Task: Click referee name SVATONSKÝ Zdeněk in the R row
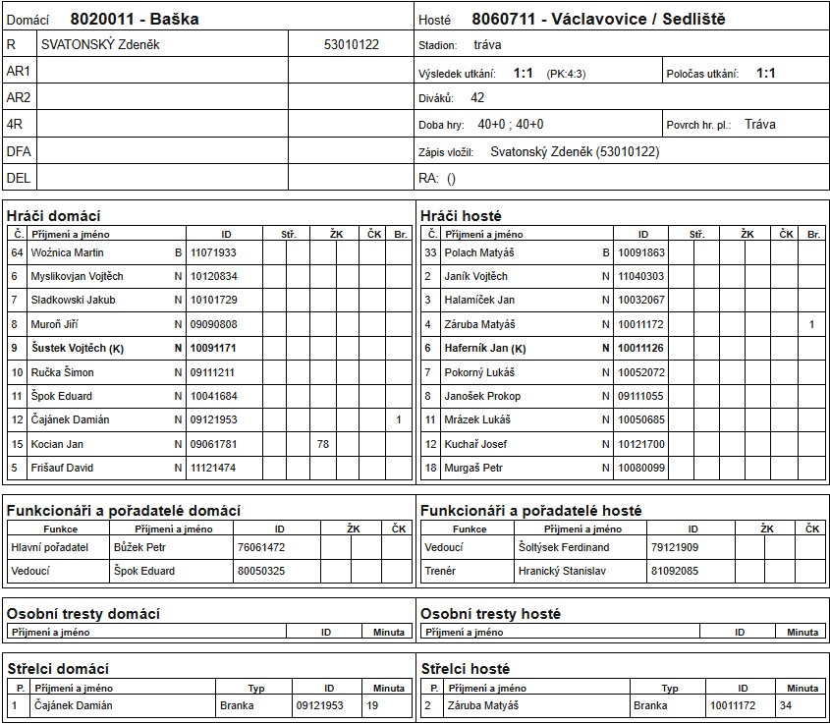(x=100, y=45)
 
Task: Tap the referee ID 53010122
(x=351, y=45)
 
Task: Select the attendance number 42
(x=477, y=98)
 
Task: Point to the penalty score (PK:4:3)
(x=568, y=74)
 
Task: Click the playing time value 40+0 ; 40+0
(x=510, y=125)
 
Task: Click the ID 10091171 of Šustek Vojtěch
(x=213, y=348)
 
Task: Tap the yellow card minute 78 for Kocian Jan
(x=322, y=444)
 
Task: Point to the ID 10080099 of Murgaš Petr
(x=640, y=469)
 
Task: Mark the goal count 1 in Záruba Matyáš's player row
(x=811, y=324)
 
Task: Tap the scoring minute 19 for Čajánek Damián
(x=372, y=705)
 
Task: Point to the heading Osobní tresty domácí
(x=83, y=613)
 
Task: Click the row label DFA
(x=19, y=151)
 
